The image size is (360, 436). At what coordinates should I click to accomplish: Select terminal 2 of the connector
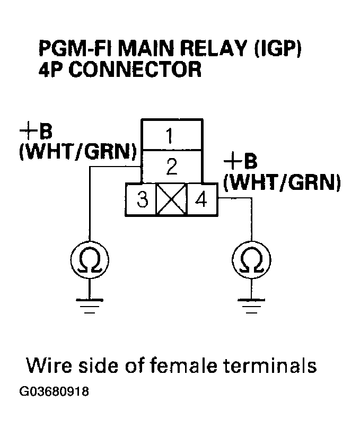tap(171, 167)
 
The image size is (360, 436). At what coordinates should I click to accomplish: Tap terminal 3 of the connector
tap(141, 199)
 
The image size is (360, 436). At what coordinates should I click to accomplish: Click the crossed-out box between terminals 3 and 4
tap(171, 199)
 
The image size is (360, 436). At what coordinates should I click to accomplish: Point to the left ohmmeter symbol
tap(90, 260)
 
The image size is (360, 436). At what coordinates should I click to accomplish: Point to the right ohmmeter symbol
tap(252, 260)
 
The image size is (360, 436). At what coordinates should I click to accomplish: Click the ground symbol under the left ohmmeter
tap(90, 306)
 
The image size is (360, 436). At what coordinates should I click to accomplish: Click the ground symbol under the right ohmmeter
tap(252, 306)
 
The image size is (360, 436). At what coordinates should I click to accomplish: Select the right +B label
tap(241, 160)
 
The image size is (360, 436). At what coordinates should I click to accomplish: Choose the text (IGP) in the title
tap(278, 51)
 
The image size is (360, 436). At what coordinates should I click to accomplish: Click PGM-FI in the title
tap(76, 51)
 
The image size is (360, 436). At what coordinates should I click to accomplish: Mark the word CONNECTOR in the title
tap(135, 70)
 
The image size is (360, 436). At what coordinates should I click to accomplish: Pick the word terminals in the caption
tap(273, 365)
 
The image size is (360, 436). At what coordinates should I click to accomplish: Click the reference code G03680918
tap(54, 393)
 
